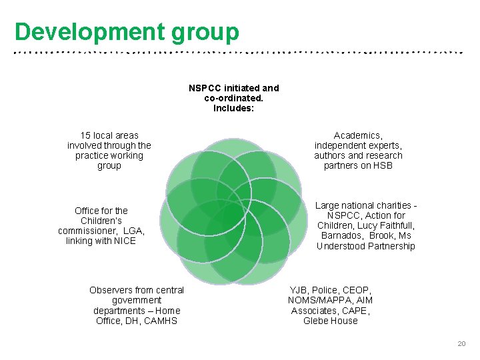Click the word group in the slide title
205,31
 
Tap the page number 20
461,343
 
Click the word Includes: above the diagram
233,108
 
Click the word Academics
358,135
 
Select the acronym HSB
383,165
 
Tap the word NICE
124,241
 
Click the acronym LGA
133,231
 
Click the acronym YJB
299,290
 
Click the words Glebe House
331,321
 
